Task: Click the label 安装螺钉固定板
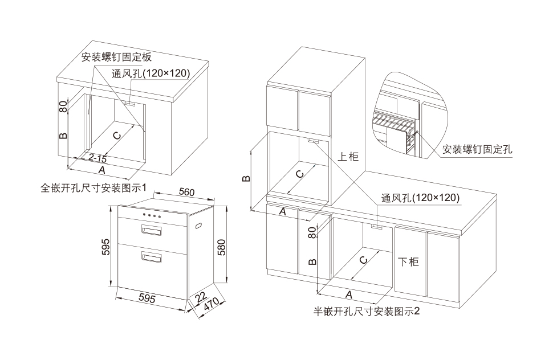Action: pyautogui.click(x=116, y=57)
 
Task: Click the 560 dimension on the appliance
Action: pyautogui.click(x=187, y=192)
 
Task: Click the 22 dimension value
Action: pyautogui.click(x=201, y=297)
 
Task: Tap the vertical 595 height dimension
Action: pyautogui.click(x=105, y=246)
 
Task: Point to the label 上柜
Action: pyautogui.click(x=348, y=156)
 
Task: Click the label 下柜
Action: pyautogui.click(x=408, y=261)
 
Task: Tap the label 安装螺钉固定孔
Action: pyautogui.click(x=478, y=150)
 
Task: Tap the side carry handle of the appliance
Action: pyautogui.click(x=200, y=227)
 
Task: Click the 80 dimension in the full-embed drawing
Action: pyautogui.click(x=63, y=105)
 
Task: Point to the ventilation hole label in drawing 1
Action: pyautogui.click(x=151, y=73)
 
